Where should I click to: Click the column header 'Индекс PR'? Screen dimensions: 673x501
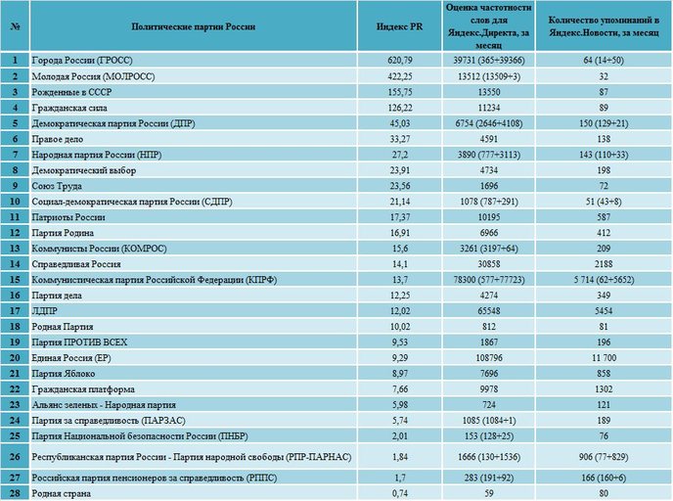399,26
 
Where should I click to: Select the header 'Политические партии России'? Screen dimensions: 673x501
193,26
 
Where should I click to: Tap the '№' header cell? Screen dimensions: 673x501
15,26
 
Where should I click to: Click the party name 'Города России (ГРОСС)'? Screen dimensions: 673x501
82,61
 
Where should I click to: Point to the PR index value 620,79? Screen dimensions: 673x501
399,61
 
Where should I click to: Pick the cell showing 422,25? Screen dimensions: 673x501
399,76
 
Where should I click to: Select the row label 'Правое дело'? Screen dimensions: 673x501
58,139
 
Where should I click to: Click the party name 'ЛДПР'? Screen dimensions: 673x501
45,311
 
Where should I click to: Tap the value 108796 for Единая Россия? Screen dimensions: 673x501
489,357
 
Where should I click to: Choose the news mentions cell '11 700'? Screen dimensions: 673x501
604,357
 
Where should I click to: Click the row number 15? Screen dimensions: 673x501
15,280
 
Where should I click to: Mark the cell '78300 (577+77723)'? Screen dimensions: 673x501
489,280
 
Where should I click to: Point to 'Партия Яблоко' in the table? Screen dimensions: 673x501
63,374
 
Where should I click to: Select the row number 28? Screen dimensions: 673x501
15,493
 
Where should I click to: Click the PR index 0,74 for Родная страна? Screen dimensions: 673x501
399,493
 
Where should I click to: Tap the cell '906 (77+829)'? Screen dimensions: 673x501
604,457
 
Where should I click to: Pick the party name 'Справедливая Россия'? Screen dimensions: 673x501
76,264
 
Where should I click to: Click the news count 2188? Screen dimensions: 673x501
604,264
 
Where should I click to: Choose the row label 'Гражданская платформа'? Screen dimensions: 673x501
83,389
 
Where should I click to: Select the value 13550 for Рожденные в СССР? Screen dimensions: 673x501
489,92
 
